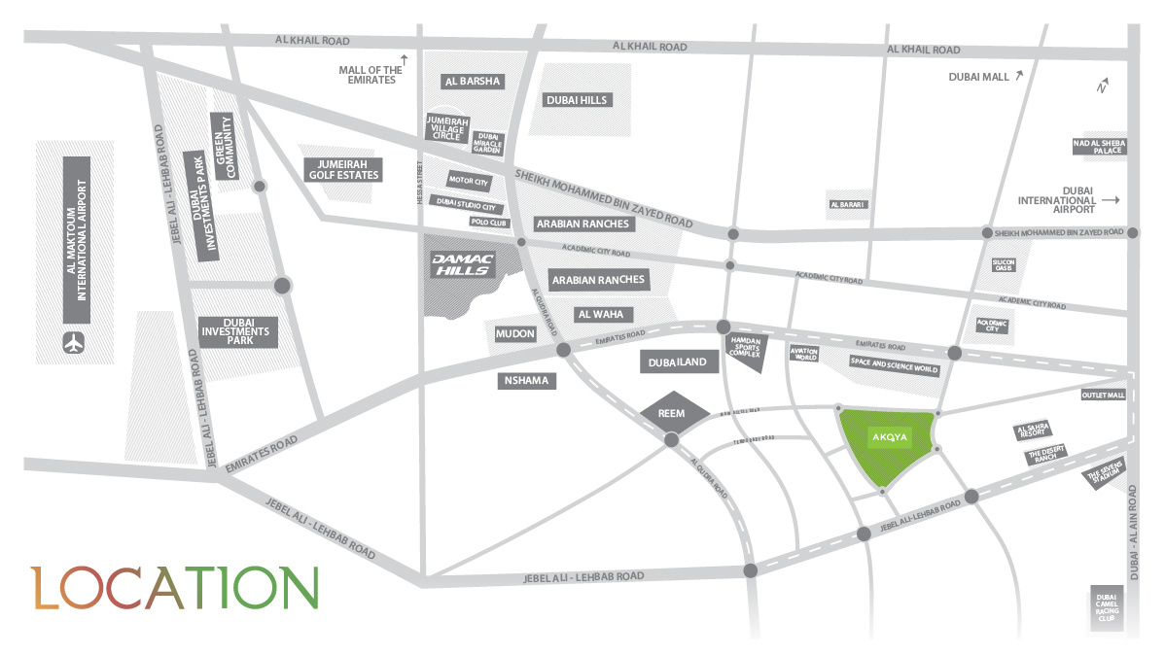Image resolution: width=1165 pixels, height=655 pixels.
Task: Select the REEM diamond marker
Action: click(672, 413)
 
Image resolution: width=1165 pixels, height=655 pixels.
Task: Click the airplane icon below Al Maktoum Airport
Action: click(74, 342)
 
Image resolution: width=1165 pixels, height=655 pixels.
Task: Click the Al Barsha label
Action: click(472, 82)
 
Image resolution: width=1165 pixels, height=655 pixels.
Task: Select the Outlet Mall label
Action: click(1103, 396)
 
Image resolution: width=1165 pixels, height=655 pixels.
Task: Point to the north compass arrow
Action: click(1104, 86)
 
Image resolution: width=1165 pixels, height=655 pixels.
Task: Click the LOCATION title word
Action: click(174, 586)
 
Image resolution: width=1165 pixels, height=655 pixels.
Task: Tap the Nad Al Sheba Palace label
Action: click(1098, 146)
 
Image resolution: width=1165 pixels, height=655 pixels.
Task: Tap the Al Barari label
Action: click(847, 205)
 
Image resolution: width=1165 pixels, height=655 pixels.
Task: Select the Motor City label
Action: click(469, 181)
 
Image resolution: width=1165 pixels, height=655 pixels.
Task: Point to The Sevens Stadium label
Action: click(1104, 473)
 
